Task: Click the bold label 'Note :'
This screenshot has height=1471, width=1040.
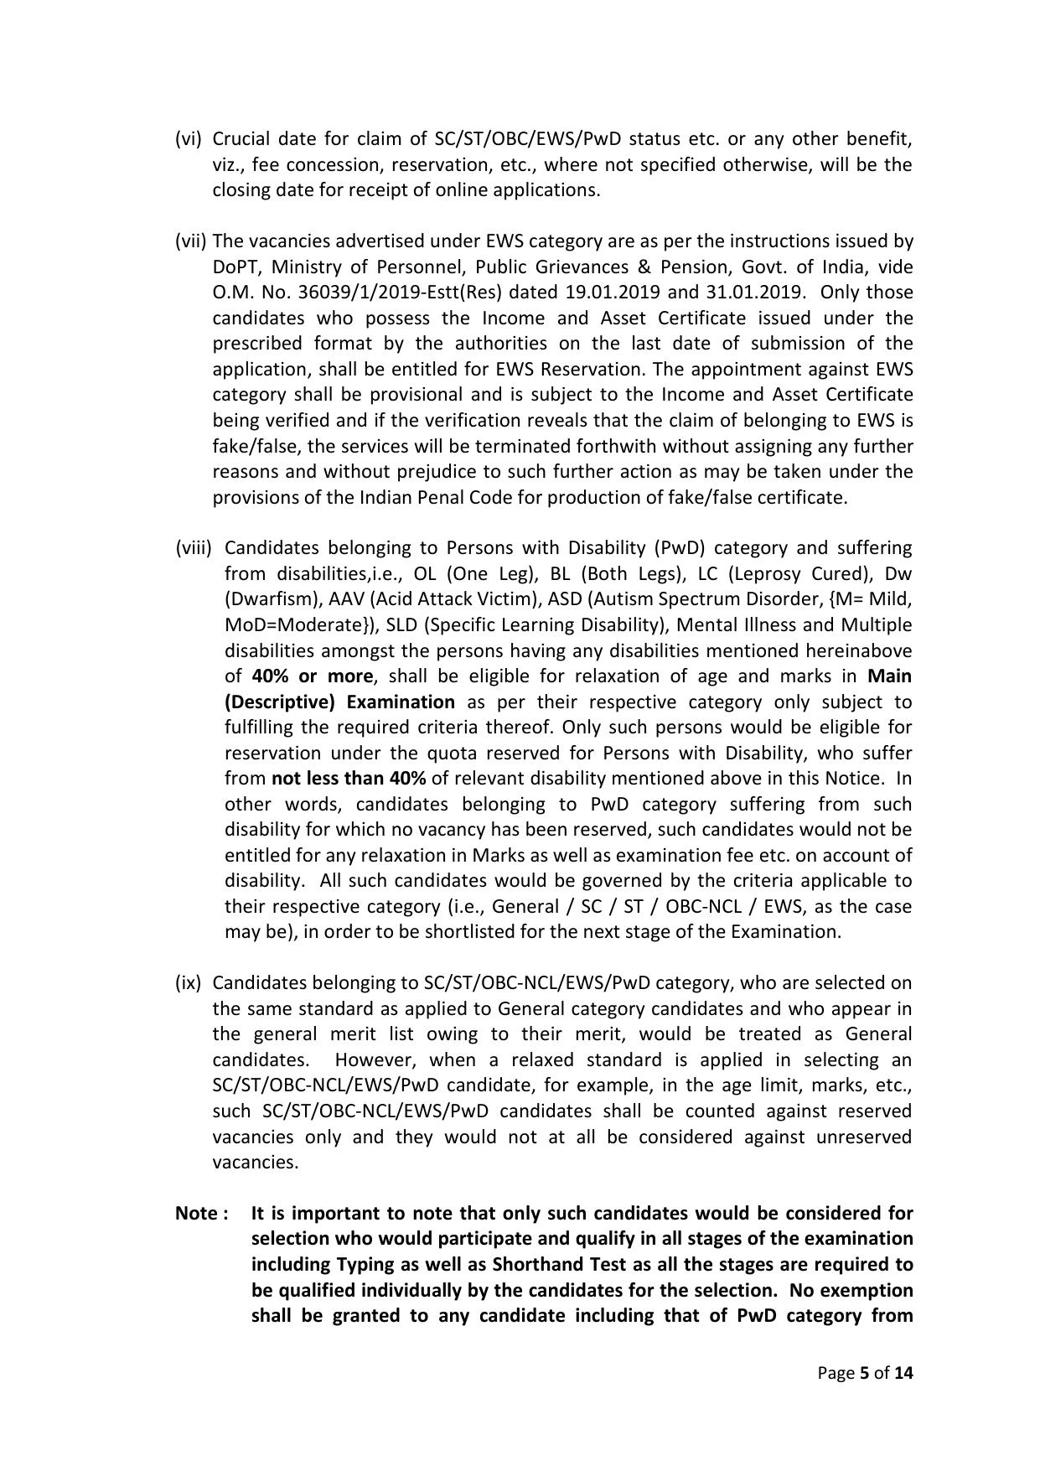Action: (201, 1213)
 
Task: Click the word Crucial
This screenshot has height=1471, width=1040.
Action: (241, 139)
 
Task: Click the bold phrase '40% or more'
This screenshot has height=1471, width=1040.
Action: (312, 676)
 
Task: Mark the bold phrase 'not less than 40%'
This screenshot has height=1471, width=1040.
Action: (349, 779)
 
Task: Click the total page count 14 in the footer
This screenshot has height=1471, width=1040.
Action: (903, 1373)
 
